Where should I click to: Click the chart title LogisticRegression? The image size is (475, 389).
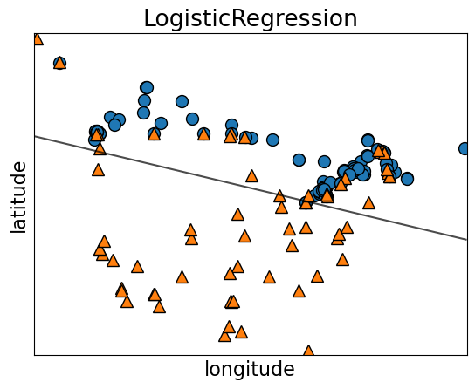(250, 18)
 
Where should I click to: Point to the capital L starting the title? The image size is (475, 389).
(149, 18)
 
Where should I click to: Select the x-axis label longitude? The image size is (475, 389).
(250, 370)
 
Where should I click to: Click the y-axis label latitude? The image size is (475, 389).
(18, 196)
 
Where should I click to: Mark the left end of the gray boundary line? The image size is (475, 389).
(35, 136)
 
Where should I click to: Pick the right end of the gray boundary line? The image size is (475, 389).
(467, 239)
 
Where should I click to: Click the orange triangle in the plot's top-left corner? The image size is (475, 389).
(37, 38)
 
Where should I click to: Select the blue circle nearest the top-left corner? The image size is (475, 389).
(59, 63)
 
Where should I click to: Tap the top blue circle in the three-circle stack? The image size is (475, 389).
(147, 87)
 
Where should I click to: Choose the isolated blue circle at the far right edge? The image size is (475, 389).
(465, 148)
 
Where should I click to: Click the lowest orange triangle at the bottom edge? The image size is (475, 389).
(308, 351)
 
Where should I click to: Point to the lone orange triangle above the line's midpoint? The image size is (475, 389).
(251, 175)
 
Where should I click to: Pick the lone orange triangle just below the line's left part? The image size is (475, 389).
(98, 169)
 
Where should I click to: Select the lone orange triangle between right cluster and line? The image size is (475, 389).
(368, 202)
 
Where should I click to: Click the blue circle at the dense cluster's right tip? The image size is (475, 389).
(407, 179)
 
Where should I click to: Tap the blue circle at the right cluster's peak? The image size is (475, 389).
(368, 140)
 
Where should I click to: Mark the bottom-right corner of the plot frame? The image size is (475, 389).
(467, 355)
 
